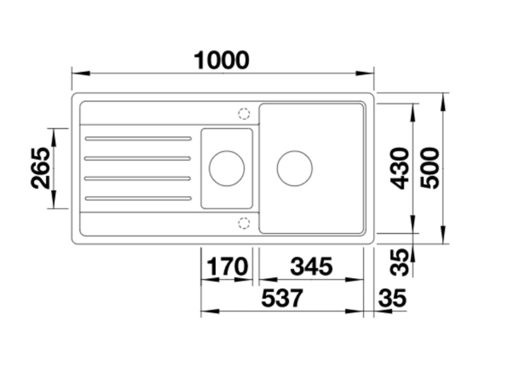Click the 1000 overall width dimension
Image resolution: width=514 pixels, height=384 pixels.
pyautogui.click(x=222, y=60)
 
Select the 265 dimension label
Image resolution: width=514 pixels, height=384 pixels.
pyautogui.click(x=41, y=168)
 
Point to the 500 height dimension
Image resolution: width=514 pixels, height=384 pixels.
pyautogui.click(x=429, y=168)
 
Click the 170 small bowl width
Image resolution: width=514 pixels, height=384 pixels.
pyautogui.click(x=228, y=266)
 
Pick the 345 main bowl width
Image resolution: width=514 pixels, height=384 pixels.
pyautogui.click(x=311, y=266)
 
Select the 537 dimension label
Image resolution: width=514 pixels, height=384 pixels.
pyautogui.click(x=282, y=299)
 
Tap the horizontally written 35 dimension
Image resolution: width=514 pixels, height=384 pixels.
pyautogui.click(x=392, y=298)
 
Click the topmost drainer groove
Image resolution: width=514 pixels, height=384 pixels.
pyautogui.click(x=138, y=138)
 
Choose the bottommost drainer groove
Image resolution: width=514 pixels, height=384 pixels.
pyautogui.click(x=138, y=198)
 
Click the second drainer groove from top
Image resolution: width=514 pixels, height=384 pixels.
pyautogui.click(x=138, y=159)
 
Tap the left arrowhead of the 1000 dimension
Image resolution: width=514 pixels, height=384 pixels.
pyautogui.click(x=81, y=73)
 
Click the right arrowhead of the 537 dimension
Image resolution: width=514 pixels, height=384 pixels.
pyautogui.click(x=354, y=311)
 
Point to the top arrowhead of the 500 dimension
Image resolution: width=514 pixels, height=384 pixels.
pyautogui.click(x=444, y=102)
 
